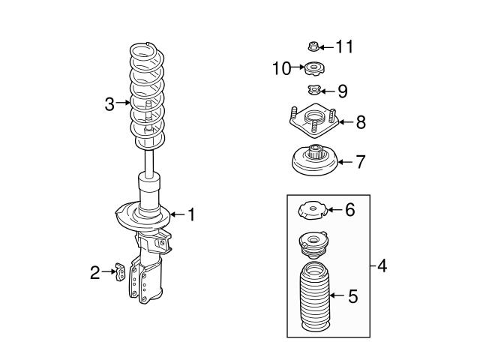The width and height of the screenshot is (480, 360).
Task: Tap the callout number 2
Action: point(95,273)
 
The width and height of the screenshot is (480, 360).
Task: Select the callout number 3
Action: point(109,103)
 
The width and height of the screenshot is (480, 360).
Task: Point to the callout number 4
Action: point(382,265)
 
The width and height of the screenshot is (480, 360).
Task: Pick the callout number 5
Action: point(352,295)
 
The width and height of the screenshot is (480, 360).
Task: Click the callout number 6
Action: point(349,210)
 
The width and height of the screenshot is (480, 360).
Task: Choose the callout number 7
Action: point(360,160)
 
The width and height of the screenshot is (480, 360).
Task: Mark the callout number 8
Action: point(361,121)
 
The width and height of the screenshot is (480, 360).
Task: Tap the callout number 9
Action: point(342,91)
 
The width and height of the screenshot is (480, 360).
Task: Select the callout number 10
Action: point(281,69)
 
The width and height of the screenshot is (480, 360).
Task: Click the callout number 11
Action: point(344,47)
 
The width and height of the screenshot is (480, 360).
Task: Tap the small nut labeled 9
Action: point(313,91)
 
